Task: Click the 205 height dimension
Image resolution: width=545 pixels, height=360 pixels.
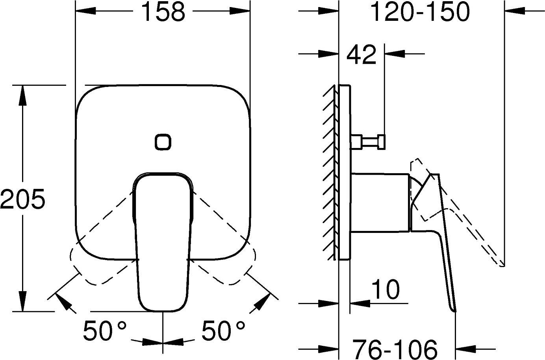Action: coord(22,199)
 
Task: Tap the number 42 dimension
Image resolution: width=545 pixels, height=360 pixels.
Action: coord(361,55)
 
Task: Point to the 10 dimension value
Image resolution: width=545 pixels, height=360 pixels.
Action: coord(386,289)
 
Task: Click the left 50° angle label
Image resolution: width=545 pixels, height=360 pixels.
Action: coord(105,330)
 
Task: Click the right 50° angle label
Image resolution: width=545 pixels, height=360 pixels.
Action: coord(223,330)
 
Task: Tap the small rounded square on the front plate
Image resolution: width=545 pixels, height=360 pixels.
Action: coord(163,142)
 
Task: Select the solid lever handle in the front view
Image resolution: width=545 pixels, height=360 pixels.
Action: coord(163,242)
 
